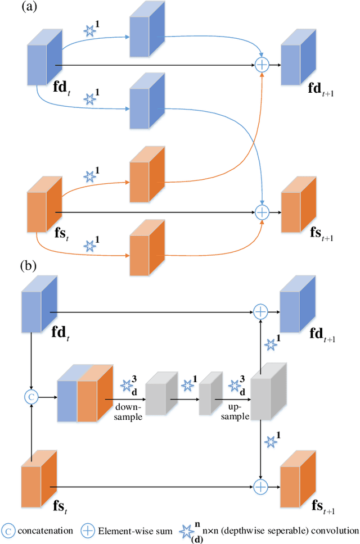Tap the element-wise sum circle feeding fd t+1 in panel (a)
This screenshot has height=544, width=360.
262,66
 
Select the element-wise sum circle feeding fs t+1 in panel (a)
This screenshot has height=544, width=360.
262,212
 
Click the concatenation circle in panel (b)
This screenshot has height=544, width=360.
32,397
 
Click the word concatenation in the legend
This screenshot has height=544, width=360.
46,531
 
